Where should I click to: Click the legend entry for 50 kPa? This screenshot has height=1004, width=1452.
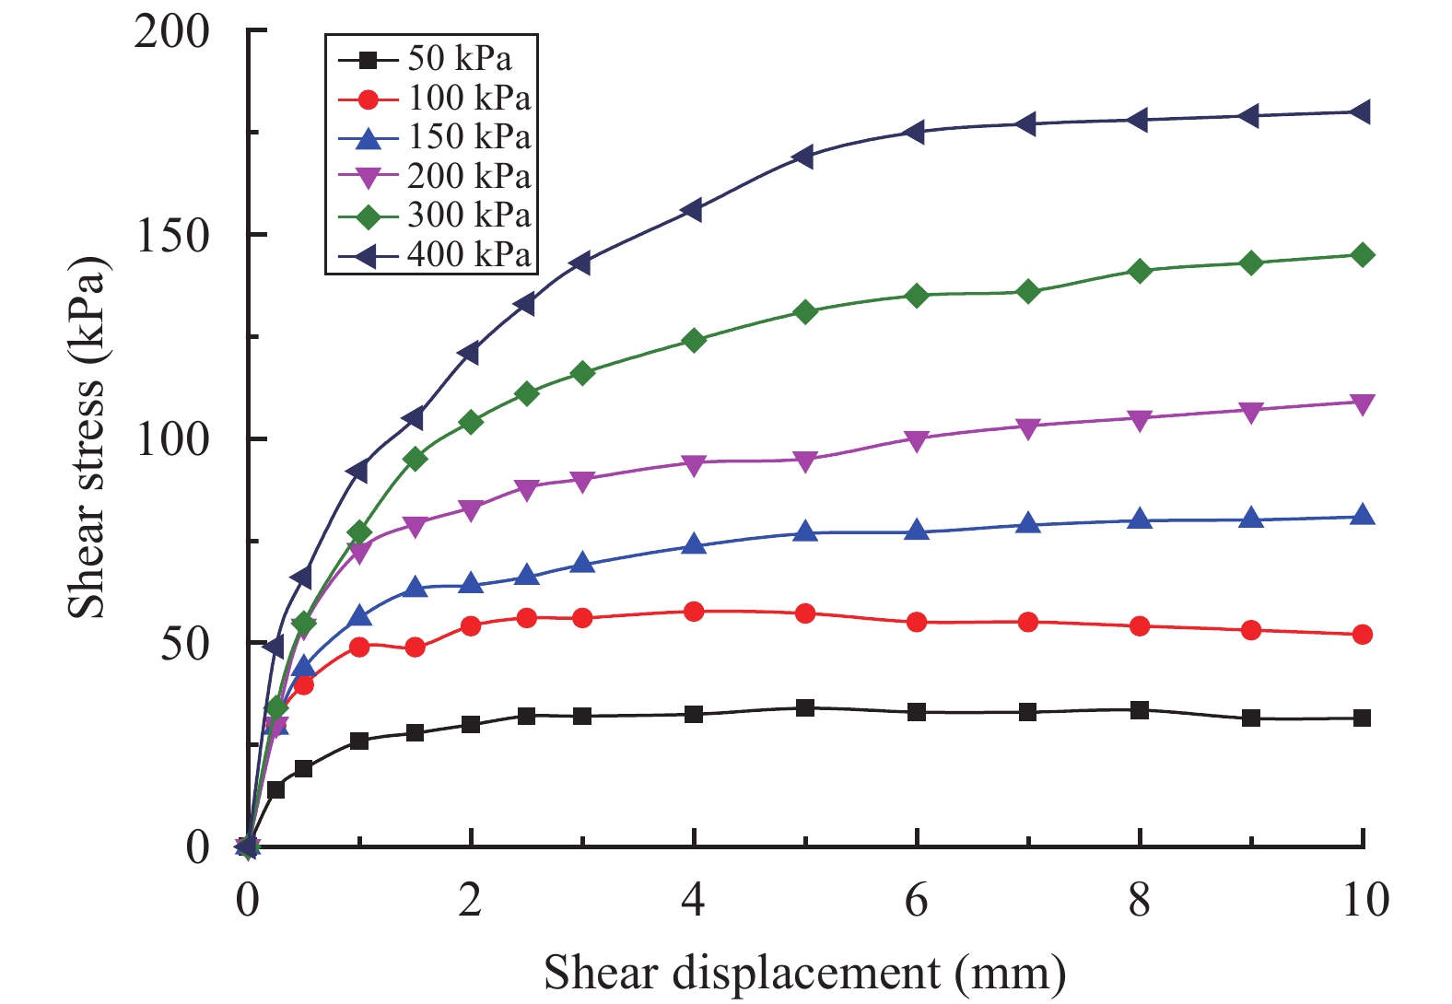(x=459, y=59)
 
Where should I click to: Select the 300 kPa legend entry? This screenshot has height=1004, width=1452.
(x=469, y=216)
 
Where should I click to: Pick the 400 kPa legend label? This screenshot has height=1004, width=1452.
(x=469, y=255)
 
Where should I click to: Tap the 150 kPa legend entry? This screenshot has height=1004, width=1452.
(x=469, y=137)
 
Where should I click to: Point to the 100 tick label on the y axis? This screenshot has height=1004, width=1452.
(x=171, y=438)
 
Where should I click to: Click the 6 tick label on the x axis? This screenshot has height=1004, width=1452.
(x=917, y=900)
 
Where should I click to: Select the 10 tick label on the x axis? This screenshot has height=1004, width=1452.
(x=1364, y=900)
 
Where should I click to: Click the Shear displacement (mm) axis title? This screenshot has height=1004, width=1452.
(x=804, y=973)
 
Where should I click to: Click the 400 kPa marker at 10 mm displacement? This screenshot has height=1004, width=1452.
(x=1362, y=112)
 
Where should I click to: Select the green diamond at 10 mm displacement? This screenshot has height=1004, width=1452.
(x=1363, y=255)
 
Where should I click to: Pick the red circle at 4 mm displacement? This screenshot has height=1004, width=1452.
(x=694, y=612)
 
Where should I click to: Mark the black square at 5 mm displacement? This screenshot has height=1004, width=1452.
(x=805, y=708)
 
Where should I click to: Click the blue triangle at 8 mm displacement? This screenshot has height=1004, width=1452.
(x=1140, y=519)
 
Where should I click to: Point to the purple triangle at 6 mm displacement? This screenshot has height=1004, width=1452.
(x=917, y=439)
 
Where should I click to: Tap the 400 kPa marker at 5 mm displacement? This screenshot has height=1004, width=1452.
(x=804, y=157)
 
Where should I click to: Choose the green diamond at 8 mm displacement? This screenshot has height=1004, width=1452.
(x=1140, y=271)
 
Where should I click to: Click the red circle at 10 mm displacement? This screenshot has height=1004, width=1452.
(x=1363, y=635)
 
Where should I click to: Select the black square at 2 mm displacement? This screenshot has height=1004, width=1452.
(x=471, y=724)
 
